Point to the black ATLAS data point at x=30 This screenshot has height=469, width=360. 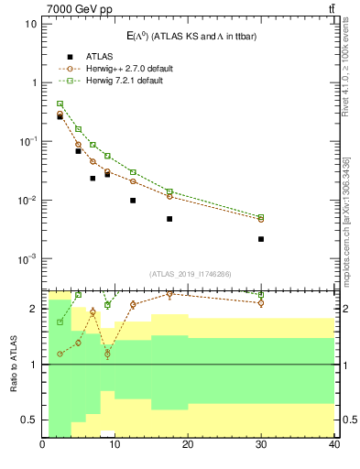pos(261,239)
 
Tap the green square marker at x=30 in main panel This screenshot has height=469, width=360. pos(261,217)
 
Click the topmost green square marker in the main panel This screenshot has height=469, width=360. pos(60,104)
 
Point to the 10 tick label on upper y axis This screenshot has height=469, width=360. pos(30,23)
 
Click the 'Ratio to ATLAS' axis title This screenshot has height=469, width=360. pos(13,364)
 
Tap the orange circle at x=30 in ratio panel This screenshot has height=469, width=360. pos(261,302)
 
